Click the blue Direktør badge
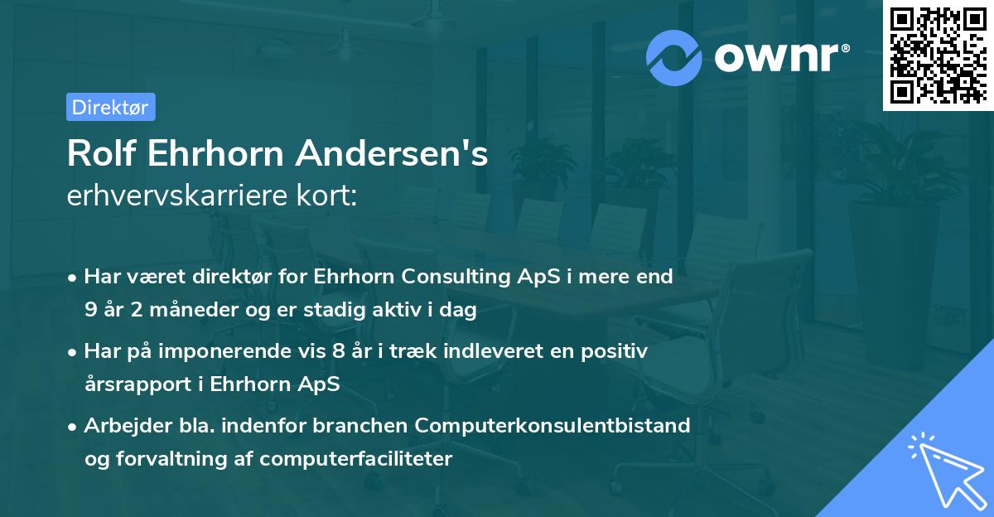[110, 107]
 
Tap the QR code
[938, 56]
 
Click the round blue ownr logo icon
[675, 57]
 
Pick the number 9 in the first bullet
[90, 311]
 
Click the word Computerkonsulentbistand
[552, 426]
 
